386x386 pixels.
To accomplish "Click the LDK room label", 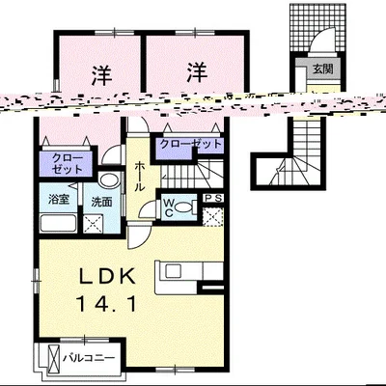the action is coord(107,277).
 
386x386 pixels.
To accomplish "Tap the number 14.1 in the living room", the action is coord(107,304).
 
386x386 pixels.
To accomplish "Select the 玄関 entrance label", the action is coord(322,69).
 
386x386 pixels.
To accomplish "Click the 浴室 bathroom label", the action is coord(59,199).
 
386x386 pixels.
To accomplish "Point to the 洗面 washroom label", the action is coord(101,202).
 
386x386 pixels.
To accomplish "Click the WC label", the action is coord(169,207).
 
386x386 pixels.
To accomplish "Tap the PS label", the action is coord(214,199).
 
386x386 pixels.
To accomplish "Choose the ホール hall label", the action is coord(139,177).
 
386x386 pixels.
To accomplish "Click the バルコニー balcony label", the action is coord(89,358).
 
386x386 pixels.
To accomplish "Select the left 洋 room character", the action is coord(101,75).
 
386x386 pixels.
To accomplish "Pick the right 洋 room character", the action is coord(197,72).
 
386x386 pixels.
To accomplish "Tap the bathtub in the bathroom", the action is coord(58,223).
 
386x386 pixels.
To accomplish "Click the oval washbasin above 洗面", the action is coord(109,179).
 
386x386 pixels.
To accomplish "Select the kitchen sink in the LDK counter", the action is coord(174,271).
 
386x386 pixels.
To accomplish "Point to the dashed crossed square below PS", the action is coord(213,217).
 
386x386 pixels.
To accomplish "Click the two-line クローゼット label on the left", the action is coord(68,164).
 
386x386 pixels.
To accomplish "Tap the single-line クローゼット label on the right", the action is coord(191,144).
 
